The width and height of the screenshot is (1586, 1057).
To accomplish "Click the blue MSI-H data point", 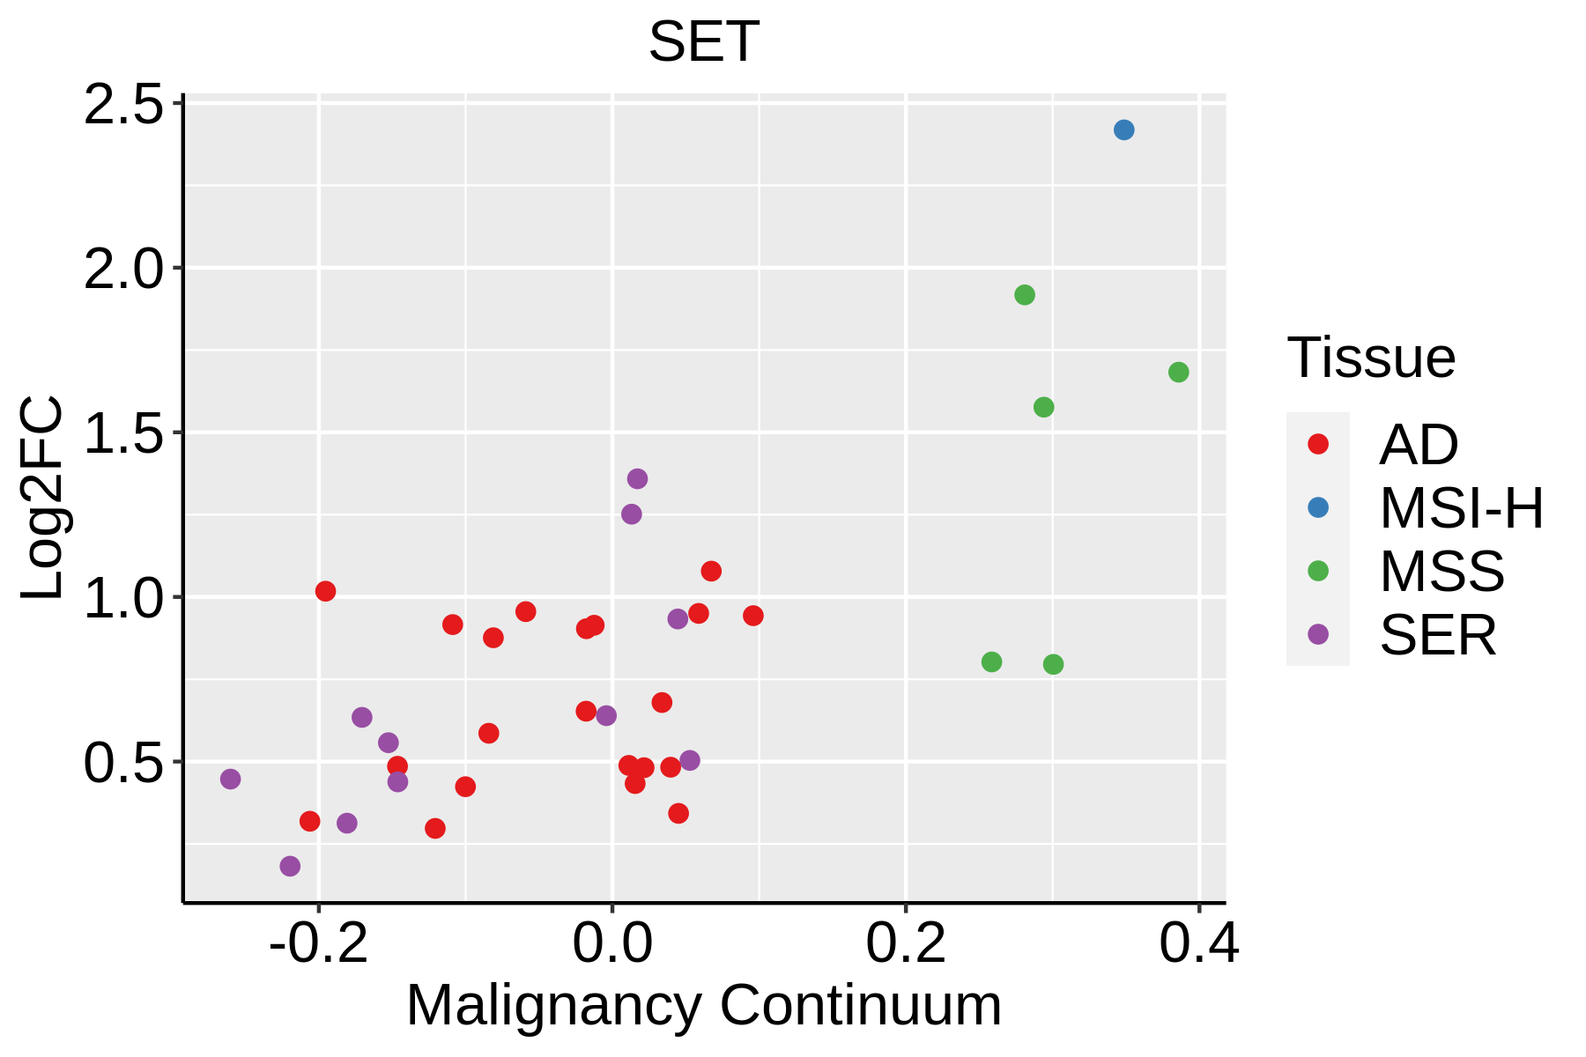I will pyautogui.click(x=1123, y=130).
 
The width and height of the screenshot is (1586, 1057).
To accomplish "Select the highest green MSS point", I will pyautogui.click(x=1024, y=295).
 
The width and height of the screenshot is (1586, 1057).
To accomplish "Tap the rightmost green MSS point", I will pyautogui.click(x=1178, y=373).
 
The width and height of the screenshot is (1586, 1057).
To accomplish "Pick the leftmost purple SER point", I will pyautogui.click(x=230, y=779).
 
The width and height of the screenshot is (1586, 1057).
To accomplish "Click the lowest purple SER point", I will pyautogui.click(x=290, y=866).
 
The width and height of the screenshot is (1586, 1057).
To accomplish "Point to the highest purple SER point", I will pyautogui.click(x=637, y=479).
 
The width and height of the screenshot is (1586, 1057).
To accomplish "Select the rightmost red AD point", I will pyautogui.click(x=752, y=616).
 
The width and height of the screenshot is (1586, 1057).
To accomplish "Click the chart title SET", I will pyautogui.click(x=703, y=41).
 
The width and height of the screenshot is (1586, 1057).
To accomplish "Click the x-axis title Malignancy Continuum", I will pyautogui.click(x=703, y=1005).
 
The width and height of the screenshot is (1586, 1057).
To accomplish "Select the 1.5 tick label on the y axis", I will pyautogui.click(x=123, y=433).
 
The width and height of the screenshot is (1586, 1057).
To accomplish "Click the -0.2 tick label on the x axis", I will pyautogui.click(x=318, y=943).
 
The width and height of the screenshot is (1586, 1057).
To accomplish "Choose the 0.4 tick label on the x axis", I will pyautogui.click(x=1198, y=943).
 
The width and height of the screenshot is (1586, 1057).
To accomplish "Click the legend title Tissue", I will pyautogui.click(x=1371, y=358).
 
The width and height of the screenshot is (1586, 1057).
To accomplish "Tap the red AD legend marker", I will pyautogui.click(x=1318, y=444).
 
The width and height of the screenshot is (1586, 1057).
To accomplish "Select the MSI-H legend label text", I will pyautogui.click(x=1461, y=508).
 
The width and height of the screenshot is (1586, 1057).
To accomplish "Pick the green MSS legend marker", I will pyautogui.click(x=1318, y=571).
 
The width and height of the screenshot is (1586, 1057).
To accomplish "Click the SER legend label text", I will pyautogui.click(x=1438, y=635).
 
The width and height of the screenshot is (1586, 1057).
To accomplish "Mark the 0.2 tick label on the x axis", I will pyautogui.click(x=905, y=943).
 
